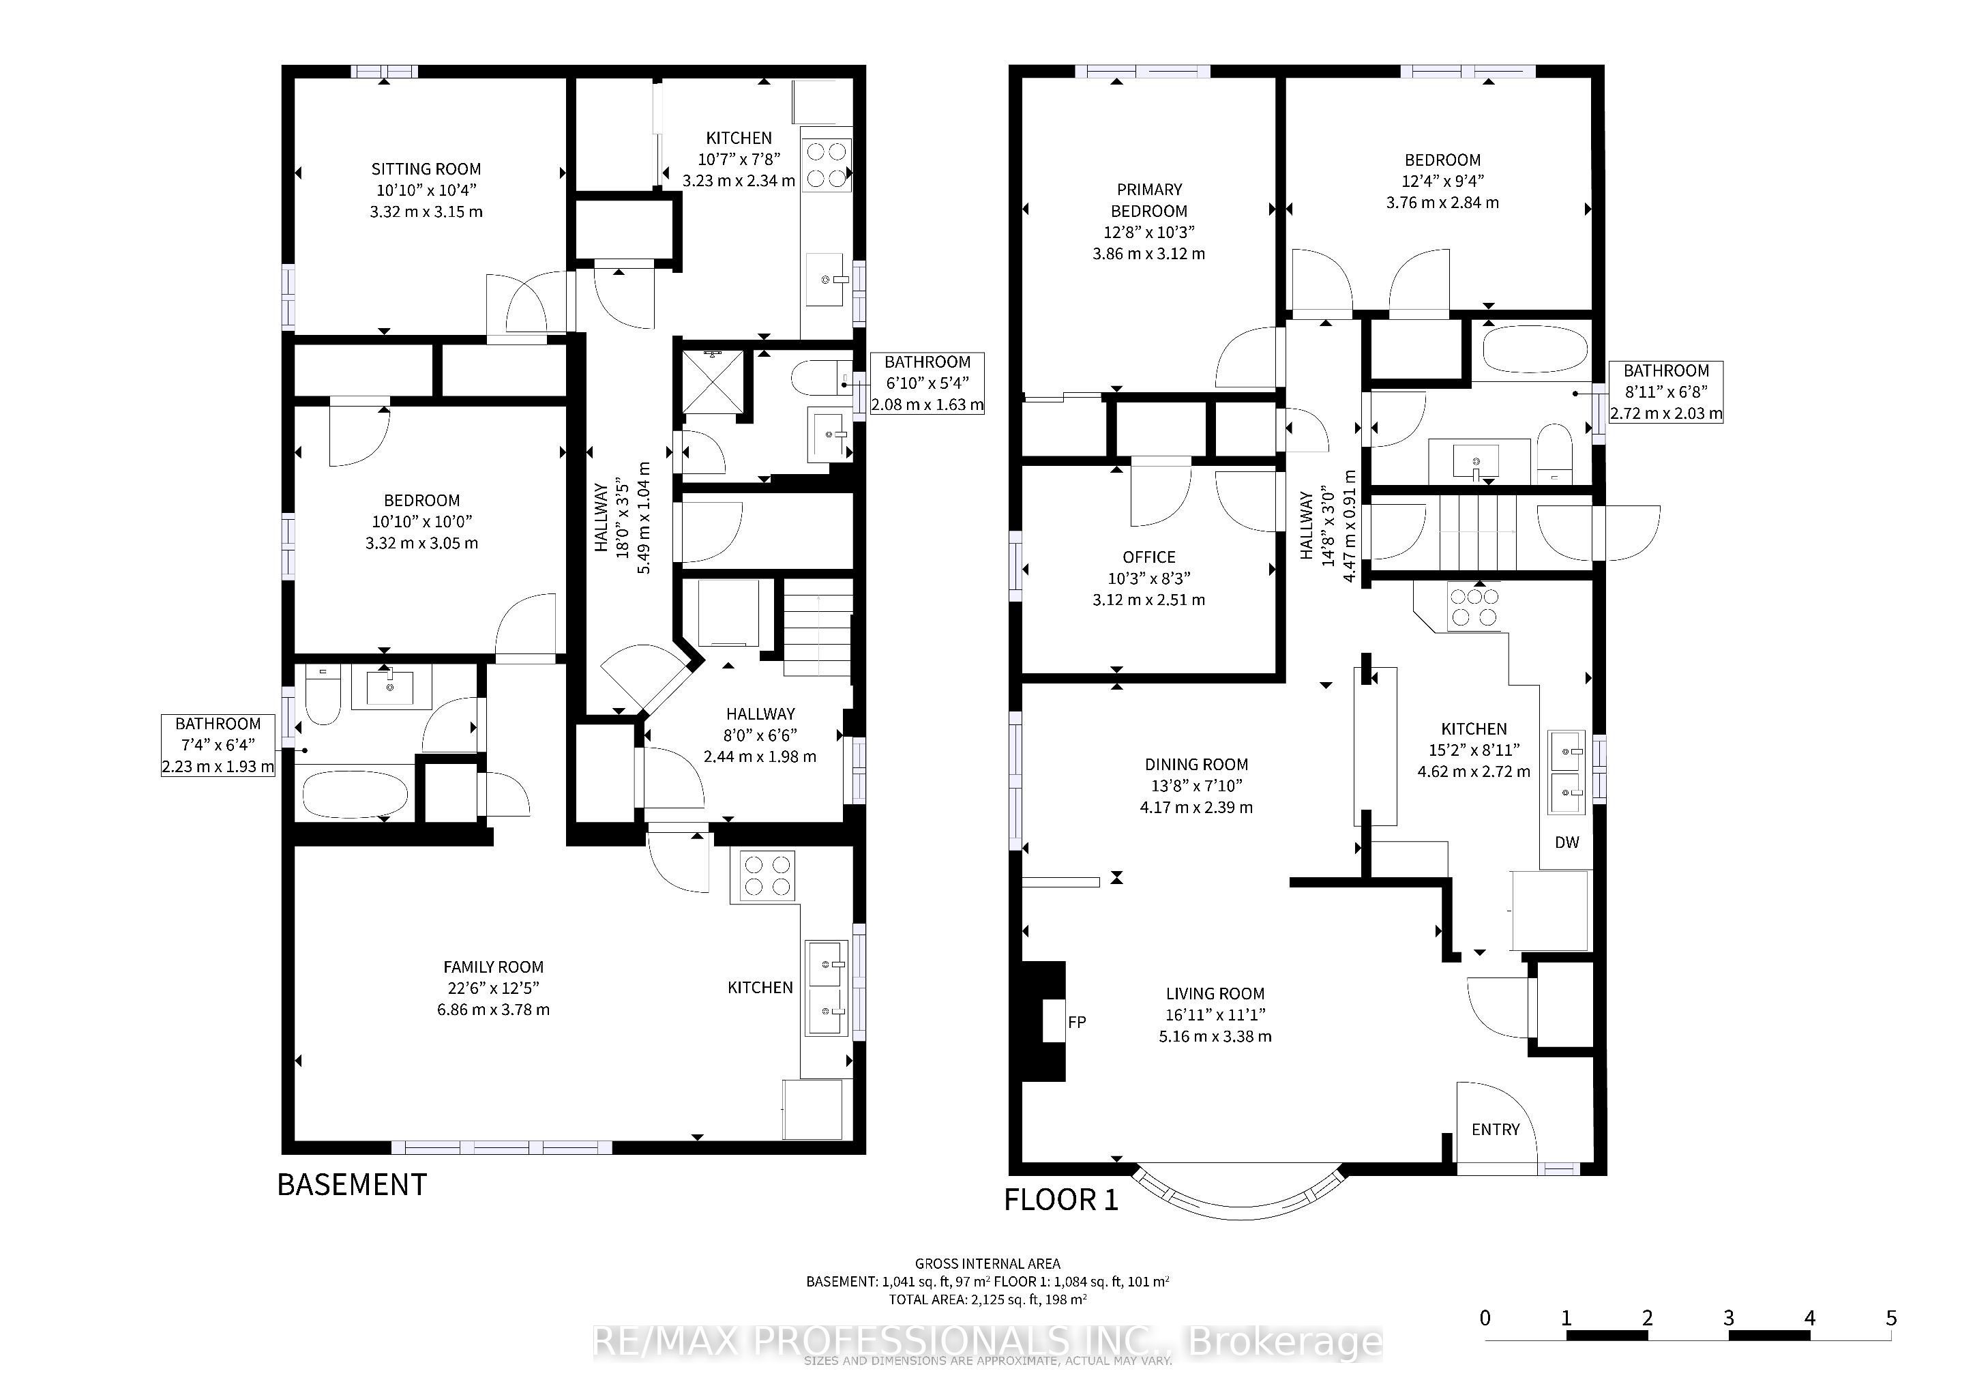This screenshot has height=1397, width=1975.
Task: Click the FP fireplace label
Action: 1076,1022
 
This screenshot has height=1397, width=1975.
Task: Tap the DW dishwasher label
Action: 1566,842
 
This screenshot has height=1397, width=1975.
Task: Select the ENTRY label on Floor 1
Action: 1495,1130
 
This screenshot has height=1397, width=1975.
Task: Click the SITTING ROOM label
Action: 426,168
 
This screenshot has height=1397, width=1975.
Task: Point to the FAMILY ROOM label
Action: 493,967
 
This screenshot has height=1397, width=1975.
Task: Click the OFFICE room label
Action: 1148,557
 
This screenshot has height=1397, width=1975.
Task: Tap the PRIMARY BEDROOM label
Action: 1149,200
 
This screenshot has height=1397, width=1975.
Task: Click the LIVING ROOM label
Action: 1215,994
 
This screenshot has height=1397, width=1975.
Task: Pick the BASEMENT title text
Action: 352,1185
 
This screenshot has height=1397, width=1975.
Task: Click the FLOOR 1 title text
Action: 1061,1199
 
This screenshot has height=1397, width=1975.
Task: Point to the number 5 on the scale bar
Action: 1890,1318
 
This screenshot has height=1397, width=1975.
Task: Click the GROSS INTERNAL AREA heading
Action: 987,1264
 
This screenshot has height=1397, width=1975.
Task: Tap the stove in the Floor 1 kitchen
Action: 1474,606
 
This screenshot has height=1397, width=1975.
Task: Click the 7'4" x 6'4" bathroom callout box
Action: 218,745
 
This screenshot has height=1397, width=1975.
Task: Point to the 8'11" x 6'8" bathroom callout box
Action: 1665,392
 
